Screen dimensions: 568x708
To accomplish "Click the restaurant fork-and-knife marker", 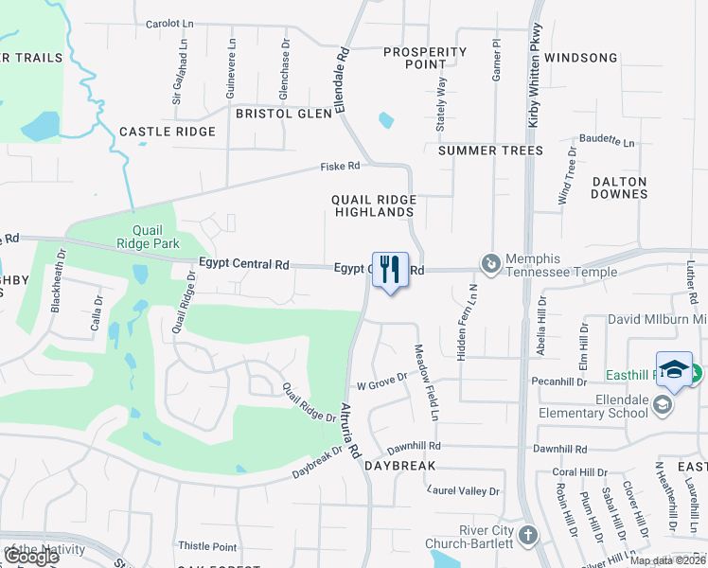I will pyautogui.click(x=390, y=270).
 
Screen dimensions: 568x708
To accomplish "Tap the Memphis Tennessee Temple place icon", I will pyautogui.click(x=490, y=264).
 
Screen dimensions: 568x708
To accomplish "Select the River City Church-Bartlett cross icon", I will pyautogui.click(x=527, y=537).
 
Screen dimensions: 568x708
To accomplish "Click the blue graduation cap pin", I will pyautogui.click(x=674, y=370).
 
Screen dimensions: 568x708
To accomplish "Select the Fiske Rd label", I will pyautogui.click(x=341, y=166).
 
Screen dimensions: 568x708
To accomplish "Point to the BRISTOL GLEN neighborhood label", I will pyautogui.click(x=284, y=114).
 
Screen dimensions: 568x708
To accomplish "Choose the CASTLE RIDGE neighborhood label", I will pyautogui.click(x=168, y=132).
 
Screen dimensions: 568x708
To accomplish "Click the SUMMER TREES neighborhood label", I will pyautogui.click(x=491, y=151).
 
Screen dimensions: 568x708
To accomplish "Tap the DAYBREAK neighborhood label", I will pyautogui.click(x=399, y=467).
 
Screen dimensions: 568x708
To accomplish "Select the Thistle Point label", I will pyautogui.click(x=208, y=546).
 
